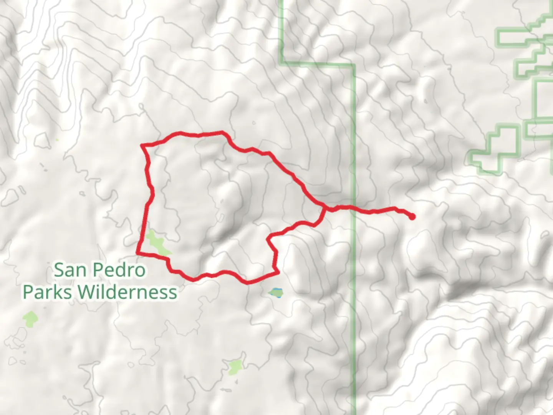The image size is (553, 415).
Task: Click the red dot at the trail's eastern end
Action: point(412,217)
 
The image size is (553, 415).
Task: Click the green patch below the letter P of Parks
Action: point(30,319)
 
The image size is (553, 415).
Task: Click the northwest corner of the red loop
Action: point(143,145)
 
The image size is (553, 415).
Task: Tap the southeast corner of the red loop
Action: point(277,273)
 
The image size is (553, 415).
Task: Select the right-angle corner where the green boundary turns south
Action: point(353,65)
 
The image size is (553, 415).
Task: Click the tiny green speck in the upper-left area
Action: point(57,139)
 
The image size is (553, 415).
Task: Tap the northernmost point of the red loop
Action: point(221,133)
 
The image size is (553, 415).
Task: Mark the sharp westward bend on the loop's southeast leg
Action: point(269,239)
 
